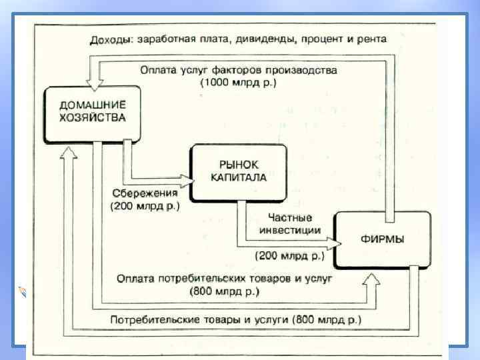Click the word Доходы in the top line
pyautogui.click(x=111, y=39)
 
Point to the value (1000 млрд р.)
pyautogui.click(x=238, y=83)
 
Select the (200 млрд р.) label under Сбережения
pyautogui.click(x=145, y=206)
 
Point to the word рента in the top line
pyautogui.click(x=372, y=39)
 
